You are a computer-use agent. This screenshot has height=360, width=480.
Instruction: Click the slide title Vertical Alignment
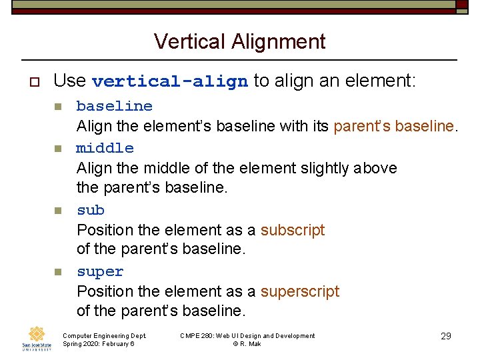click(x=239, y=42)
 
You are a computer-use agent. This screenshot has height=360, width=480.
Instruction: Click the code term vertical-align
click(x=169, y=82)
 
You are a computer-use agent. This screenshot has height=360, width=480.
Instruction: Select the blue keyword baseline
click(x=115, y=106)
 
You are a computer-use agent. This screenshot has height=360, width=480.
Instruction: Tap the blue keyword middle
click(x=105, y=148)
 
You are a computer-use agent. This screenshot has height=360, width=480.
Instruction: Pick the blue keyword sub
click(x=91, y=210)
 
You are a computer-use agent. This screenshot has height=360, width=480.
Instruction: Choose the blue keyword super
click(x=100, y=272)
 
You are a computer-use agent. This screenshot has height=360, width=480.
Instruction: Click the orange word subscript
click(x=292, y=230)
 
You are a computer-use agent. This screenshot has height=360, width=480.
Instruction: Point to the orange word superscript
click(x=299, y=292)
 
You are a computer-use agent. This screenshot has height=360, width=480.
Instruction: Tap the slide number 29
click(x=446, y=336)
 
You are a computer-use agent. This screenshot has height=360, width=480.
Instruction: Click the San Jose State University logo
click(x=36, y=339)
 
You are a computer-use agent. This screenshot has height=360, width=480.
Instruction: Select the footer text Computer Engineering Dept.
click(x=104, y=336)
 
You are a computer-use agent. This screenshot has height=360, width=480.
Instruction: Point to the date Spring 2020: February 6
click(x=98, y=344)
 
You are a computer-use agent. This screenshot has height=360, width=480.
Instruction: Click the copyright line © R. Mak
click(x=247, y=344)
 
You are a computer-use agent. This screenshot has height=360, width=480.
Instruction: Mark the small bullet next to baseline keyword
click(x=58, y=107)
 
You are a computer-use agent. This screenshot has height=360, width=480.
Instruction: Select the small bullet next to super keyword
click(x=58, y=272)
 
